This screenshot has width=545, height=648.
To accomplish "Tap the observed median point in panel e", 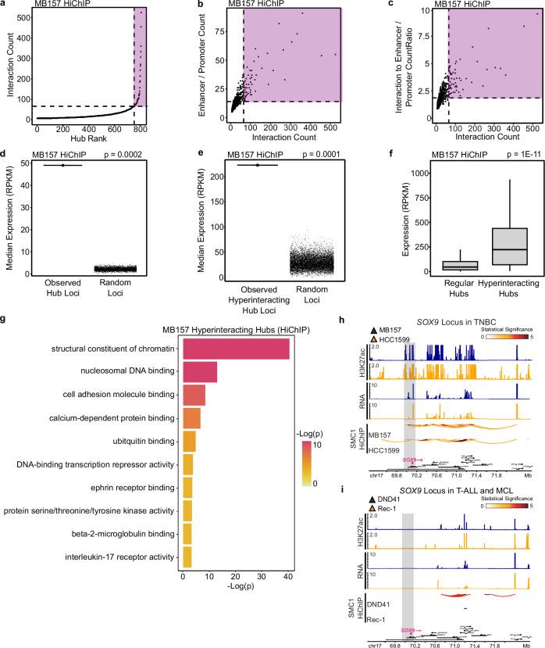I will click(x=257, y=165).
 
